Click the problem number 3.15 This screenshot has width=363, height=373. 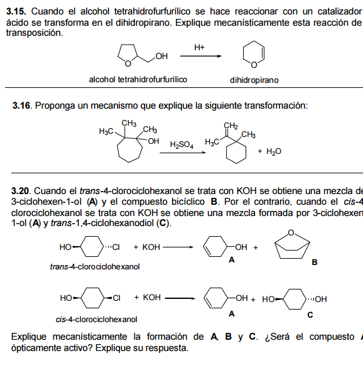(x=16, y=11)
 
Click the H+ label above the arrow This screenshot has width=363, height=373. (x=199, y=47)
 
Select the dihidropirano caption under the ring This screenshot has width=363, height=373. (x=254, y=80)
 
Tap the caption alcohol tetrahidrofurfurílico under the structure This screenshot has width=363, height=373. (x=138, y=80)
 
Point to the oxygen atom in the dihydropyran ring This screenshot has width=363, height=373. (x=254, y=65)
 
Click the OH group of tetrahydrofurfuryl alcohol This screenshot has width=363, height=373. (x=161, y=56)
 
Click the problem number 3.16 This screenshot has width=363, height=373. (x=21, y=105)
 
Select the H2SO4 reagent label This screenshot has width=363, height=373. (x=181, y=144)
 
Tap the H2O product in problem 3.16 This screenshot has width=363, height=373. (x=274, y=151)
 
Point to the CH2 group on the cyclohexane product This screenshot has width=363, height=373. (x=230, y=126)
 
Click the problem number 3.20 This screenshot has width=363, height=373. (x=21, y=191)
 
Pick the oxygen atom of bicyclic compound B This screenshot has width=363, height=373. (x=291, y=232)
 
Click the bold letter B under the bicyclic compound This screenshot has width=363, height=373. (x=315, y=262)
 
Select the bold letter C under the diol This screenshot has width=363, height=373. (x=310, y=315)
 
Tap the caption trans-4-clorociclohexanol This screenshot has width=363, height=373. (x=95, y=267)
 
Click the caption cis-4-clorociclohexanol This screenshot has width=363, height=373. (x=96, y=319)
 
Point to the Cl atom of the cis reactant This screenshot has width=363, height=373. (x=116, y=298)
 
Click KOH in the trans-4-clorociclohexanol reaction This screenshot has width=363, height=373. (x=151, y=247)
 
